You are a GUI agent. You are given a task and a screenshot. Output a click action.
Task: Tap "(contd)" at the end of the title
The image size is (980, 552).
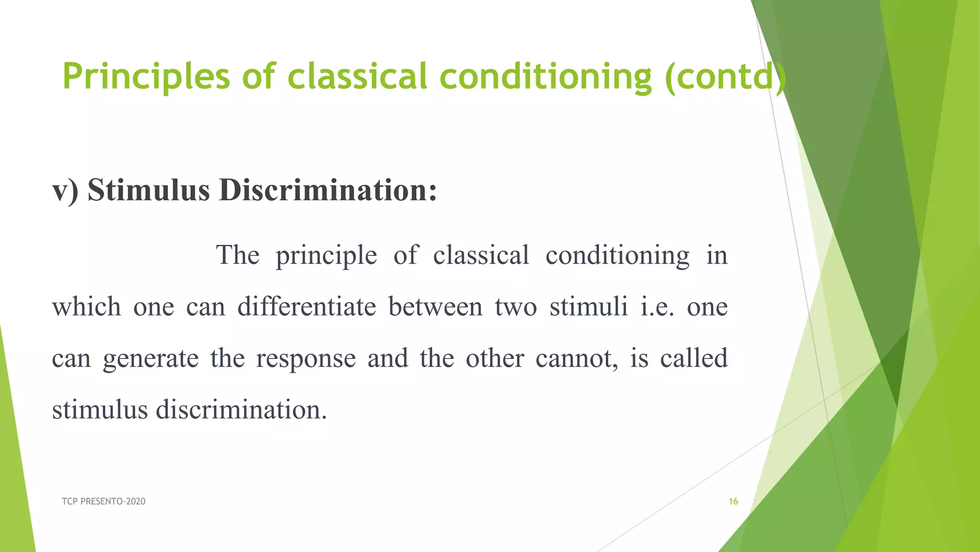coord(724,77)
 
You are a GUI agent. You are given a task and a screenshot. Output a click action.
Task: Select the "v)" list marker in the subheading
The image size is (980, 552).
coord(65,190)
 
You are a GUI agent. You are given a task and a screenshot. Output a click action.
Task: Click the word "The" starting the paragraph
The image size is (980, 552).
coord(238,255)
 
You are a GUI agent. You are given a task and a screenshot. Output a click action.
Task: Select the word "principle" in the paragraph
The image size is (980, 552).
coord(326,256)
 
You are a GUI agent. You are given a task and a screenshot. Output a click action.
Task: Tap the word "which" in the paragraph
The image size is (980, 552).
coord(86,307)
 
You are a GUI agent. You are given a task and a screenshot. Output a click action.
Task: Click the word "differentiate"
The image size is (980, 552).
coord(307,307)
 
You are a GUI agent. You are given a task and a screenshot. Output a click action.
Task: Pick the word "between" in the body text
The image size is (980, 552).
coord(435,307)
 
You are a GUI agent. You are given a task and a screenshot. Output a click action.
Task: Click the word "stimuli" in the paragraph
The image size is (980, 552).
coord(589,307)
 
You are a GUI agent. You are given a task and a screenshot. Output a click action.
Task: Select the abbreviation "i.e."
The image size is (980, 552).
coord(657,307)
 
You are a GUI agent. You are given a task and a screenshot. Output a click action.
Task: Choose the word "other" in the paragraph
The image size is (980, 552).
coord(495,358)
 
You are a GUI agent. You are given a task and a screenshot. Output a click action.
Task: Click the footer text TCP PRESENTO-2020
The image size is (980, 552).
coord(103,501)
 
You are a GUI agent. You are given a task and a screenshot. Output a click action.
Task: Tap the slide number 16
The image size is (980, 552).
coord(733,501)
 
